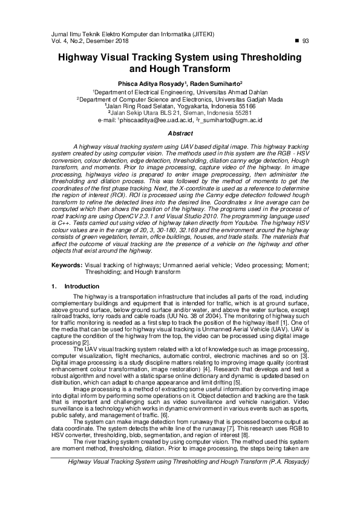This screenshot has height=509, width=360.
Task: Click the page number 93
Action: click(306, 41)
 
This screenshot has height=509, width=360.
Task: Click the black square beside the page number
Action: click(296, 41)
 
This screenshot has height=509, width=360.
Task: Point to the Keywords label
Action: click(66, 265)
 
